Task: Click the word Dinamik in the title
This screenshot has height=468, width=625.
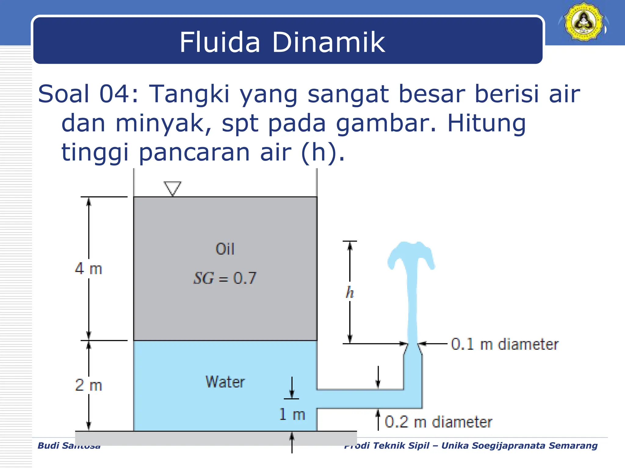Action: (x=328, y=42)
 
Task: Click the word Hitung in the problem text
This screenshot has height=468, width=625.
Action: (x=486, y=123)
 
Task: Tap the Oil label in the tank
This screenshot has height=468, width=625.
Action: (x=225, y=249)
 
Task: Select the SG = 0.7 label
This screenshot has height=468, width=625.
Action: (x=225, y=278)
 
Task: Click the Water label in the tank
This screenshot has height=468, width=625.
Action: (x=225, y=382)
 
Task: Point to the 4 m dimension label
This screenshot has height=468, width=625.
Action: (x=89, y=269)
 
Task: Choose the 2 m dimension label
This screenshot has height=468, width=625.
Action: (x=89, y=385)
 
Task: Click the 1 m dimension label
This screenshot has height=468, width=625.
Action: (x=292, y=415)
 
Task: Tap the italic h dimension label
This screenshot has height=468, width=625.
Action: (x=350, y=293)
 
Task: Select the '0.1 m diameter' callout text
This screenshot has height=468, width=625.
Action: (x=505, y=344)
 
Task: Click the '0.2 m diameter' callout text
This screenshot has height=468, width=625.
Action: (x=438, y=422)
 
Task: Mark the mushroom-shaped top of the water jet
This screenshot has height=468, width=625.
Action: (x=411, y=253)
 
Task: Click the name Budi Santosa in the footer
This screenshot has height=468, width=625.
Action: (x=69, y=445)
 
